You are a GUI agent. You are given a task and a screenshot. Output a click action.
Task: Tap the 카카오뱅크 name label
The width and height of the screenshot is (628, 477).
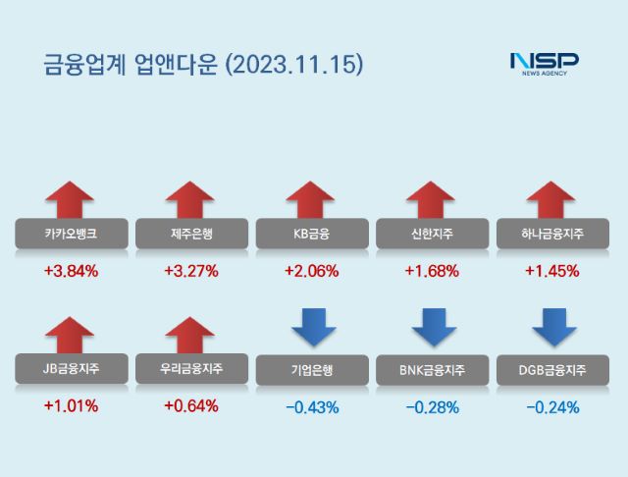click(x=70, y=234)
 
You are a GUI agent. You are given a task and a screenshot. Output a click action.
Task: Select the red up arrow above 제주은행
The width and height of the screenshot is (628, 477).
click(x=190, y=199)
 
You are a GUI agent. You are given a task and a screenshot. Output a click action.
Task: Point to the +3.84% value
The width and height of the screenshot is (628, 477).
click(x=71, y=271)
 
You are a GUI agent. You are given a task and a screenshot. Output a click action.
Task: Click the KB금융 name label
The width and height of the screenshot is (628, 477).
click(x=311, y=234)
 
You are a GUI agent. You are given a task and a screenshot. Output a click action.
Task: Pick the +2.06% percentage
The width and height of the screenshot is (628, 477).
click(x=311, y=271)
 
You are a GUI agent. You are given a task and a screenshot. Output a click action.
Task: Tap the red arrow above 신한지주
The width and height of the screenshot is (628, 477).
click(x=432, y=199)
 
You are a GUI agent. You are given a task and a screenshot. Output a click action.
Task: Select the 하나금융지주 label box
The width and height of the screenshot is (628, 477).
click(x=552, y=234)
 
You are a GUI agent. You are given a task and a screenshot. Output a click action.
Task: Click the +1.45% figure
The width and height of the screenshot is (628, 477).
click(x=552, y=271)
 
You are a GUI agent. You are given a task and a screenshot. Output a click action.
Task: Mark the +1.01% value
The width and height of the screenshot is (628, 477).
click(x=71, y=405)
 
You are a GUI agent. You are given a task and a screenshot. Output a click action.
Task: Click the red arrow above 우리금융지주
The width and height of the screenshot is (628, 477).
click(x=190, y=334)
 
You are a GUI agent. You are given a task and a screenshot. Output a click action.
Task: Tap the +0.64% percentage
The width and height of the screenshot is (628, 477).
click(x=191, y=405)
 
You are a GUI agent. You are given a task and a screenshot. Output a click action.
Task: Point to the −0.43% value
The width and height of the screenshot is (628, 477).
click(x=311, y=406)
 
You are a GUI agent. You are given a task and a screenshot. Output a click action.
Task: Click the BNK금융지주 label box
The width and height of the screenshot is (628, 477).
click(x=432, y=370)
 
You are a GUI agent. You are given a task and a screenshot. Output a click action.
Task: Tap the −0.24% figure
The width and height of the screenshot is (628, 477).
click(x=552, y=406)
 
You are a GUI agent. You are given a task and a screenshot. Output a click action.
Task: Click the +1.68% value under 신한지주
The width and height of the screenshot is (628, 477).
click(x=432, y=271)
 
